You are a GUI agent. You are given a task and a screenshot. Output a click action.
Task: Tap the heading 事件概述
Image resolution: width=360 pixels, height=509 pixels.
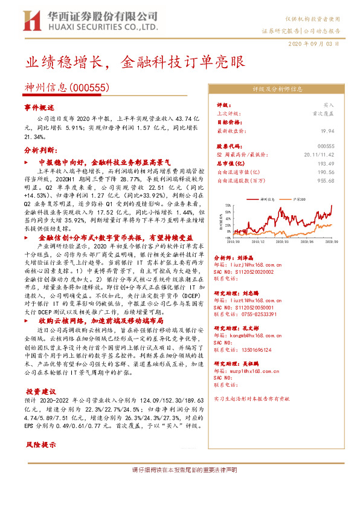point(39,107)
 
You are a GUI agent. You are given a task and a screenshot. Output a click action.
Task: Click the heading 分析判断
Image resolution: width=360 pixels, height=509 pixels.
point(39,150)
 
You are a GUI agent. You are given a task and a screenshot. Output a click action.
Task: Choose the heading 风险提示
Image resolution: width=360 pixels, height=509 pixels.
point(40,445)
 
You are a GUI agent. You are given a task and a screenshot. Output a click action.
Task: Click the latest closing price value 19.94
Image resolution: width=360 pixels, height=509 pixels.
point(328,130)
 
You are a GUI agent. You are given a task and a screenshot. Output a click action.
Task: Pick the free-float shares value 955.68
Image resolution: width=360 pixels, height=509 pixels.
point(327,180)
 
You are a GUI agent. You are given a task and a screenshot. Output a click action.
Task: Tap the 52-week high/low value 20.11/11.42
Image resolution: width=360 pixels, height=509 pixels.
point(320,155)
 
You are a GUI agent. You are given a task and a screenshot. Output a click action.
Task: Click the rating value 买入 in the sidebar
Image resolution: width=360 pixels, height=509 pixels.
point(329,105)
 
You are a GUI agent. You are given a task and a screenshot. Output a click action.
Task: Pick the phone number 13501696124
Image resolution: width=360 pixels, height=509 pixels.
point(256,349)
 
